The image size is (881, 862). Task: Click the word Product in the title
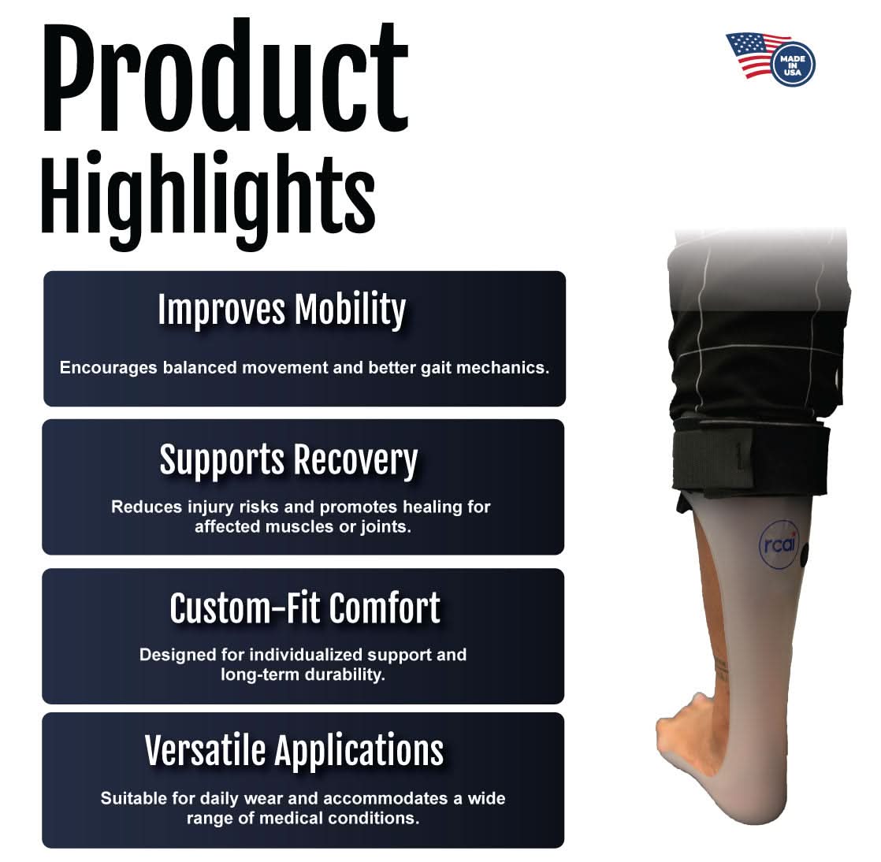tap(225, 79)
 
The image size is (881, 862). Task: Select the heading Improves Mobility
tap(281, 310)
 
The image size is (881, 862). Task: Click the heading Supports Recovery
tap(288, 460)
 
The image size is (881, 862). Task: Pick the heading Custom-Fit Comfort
tap(304, 608)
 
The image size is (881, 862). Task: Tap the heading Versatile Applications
tap(294, 751)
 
